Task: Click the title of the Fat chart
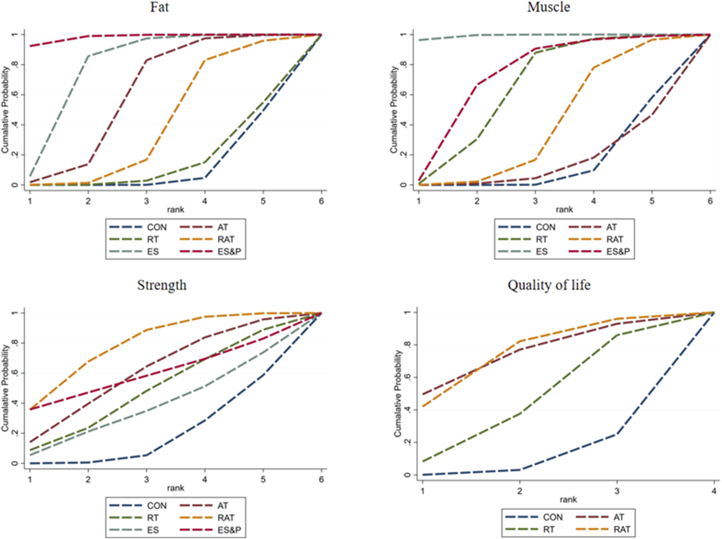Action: tap(159, 7)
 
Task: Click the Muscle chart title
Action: tap(548, 7)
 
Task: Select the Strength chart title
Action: tap(162, 285)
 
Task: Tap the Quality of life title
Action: tap(549, 285)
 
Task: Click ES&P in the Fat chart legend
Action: tap(229, 252)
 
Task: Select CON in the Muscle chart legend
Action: tap(545, 227)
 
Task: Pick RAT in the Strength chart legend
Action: tap(226, 518)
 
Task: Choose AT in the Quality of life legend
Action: tap(619, 517)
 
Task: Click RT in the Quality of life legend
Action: tap(548, 529)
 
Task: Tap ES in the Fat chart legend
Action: tap(153, 252)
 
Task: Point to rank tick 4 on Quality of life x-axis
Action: tap(714, 491)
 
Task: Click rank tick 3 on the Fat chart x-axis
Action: tap(146, 201)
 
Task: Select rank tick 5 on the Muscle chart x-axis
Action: tap(652, 201)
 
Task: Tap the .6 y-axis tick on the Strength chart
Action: tap(15, 373)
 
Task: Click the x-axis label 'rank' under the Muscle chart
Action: tap(564, 210)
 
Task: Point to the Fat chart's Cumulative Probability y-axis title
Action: tap(5, 110)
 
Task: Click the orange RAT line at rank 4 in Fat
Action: tap(205, 60)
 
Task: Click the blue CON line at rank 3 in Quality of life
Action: tap(617, 434)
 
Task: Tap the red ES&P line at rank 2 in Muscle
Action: tap(477, 85)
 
